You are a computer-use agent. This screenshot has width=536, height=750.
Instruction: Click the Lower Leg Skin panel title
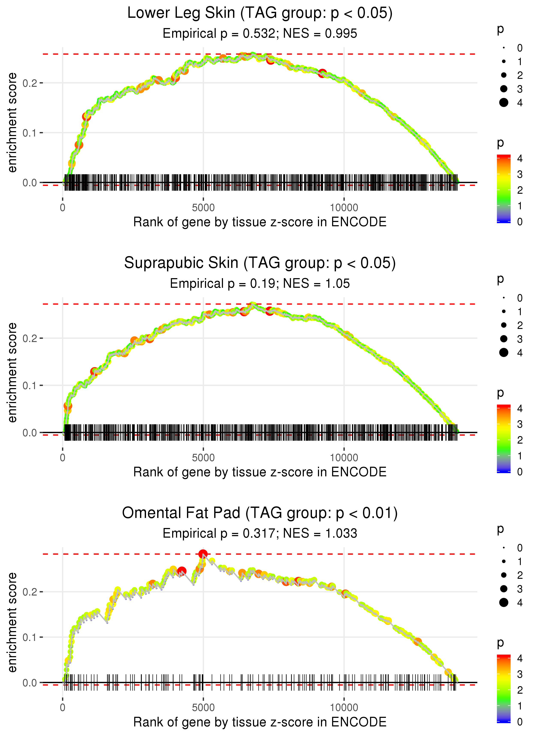point(260,13)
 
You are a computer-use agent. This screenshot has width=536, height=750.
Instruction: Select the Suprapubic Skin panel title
point(260,263)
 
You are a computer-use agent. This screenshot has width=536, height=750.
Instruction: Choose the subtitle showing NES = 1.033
point(260,533)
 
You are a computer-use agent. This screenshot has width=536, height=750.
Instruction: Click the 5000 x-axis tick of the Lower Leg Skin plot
point(203,208)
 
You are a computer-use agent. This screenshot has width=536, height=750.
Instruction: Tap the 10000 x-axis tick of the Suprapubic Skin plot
point(344,458)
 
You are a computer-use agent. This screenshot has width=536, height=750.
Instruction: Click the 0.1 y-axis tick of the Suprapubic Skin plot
point(30,385)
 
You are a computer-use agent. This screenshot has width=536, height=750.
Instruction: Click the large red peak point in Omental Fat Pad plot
point(203,554)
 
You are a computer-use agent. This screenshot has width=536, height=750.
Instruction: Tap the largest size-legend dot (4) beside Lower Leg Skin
point(504,103)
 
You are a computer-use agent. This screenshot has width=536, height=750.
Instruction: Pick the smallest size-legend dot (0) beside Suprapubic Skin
point(504,298)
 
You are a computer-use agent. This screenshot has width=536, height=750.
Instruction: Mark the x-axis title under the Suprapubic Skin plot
point(260,472)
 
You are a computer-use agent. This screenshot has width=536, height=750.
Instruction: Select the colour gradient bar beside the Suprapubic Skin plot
point(504,439)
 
